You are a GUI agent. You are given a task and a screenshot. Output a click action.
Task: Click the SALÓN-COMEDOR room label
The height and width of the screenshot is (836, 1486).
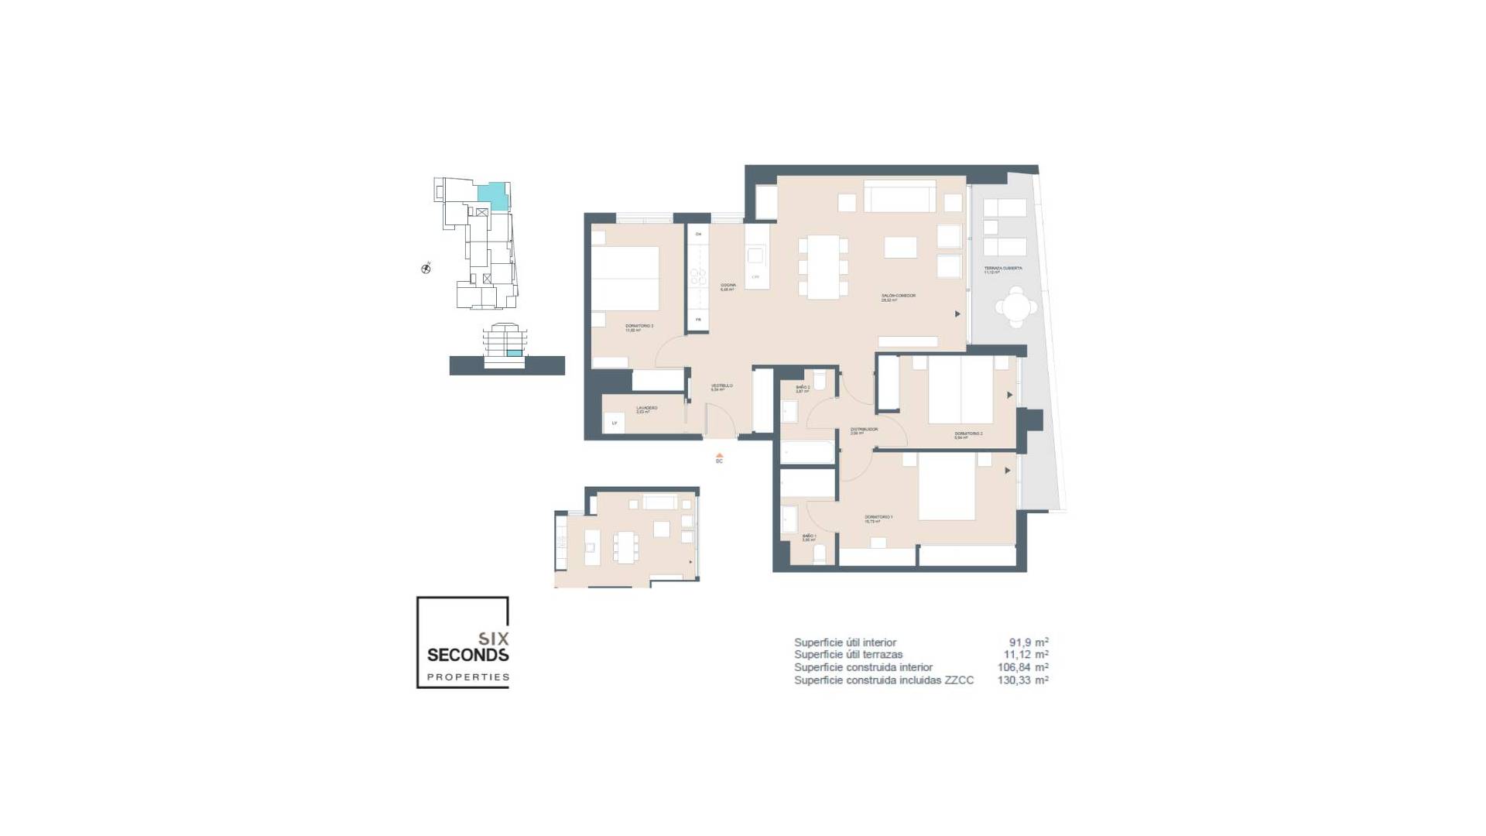point(898,296)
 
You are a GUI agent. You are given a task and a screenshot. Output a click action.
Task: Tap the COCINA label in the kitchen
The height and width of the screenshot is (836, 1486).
point(728,286)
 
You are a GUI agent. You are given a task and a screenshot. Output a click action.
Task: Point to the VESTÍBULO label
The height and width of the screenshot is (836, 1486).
point(721,386)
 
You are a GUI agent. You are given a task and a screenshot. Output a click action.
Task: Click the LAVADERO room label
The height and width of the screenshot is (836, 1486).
point(646,409)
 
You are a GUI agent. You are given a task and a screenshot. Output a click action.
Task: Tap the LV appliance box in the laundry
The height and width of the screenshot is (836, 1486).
point(615,423)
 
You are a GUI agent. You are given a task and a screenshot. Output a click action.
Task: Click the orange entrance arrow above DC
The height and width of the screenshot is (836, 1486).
point(719,455)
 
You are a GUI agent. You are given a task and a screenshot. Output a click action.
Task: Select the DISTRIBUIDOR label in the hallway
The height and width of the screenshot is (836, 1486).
point(863,430)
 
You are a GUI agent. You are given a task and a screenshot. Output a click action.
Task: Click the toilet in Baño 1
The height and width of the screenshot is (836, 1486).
point(821,553)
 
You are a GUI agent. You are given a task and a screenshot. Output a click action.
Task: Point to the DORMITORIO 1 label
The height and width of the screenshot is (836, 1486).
point(878,518)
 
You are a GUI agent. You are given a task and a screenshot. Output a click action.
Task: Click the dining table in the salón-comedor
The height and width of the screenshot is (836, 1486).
point(823,267)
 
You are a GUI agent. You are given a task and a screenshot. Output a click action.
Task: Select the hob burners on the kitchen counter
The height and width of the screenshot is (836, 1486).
point(698,276)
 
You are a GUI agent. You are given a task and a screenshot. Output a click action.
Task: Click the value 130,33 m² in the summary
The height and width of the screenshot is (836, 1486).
point(1022,680)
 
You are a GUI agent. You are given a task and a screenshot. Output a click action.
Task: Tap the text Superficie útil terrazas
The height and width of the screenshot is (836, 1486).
point(847,655)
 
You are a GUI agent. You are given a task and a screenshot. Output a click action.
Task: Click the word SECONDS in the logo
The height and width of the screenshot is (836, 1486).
point(467,655)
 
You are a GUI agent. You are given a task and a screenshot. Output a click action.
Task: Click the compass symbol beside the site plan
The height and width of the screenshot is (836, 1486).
point(426,269)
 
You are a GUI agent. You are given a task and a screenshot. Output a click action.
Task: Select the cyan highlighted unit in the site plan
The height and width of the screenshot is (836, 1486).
point(492,195)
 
